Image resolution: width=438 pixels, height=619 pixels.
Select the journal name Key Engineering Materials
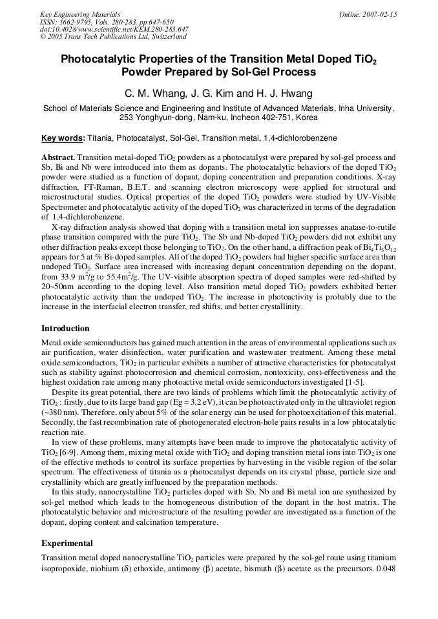(79, 14)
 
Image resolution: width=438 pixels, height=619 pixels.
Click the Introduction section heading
(65, 329)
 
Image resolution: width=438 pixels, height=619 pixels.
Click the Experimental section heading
(67, 543)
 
